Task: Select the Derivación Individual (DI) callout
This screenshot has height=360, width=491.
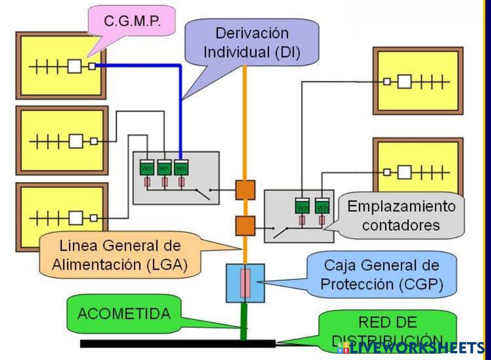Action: (252, 43)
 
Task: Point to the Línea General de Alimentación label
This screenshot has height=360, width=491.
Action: (120, 255)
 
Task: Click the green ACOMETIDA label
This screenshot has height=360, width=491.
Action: (124, 314)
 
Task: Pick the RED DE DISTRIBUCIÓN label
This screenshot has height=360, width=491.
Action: (388, 329)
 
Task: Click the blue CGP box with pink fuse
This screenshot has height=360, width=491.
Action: (245, 283)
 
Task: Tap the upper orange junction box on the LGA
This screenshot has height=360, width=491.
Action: (245, 190)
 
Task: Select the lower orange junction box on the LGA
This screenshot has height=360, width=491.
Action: (245, 225)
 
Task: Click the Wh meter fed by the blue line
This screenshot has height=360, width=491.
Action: (181, 167)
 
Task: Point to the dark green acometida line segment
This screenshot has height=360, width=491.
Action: (244, 321)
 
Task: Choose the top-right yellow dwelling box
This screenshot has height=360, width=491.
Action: (418, 81)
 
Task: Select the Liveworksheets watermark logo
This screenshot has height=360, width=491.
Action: (411, 347)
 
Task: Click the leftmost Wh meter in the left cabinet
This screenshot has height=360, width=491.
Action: (146, 167)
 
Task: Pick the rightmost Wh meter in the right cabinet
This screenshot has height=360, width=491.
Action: (321, 206)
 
